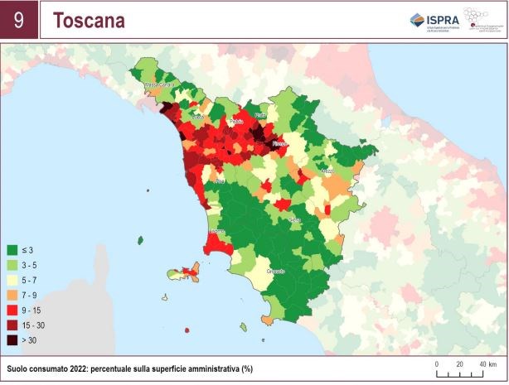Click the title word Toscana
pyautogui.click(x=89, y=21)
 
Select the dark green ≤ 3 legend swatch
pyautogui.click(x=12, y=249)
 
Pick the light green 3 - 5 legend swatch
pyautogui.click(x=12, y=264)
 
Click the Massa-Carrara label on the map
pyautogui.click(x=162, y=84)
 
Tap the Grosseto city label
pyautogui.click(x=276, y=271)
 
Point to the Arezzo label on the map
pyautogui.click(x=327, y=171)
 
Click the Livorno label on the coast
pyautogui.click(x=216, y=230)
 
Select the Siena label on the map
pyautogui.click(x=294, y=219)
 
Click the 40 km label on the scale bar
pyautogui.click(x=485, y=363)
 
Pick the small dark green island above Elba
pyautogui.click(x=140, y=240)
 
